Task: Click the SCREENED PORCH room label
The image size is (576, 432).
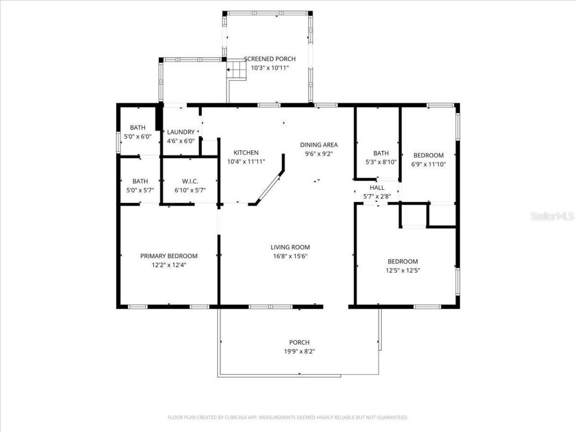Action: click(x=270, y=59)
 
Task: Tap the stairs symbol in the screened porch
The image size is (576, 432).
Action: click(x=237, y=70)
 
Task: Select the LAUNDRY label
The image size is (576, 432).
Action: click(x=180, y=132)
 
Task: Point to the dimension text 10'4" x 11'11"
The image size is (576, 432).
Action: click(x=246, y=162)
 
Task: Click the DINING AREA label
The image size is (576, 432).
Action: click(x=319, y=145)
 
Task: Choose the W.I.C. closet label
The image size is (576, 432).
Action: click(x=190, y=181)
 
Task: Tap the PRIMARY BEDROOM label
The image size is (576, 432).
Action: click(x=169, y=256)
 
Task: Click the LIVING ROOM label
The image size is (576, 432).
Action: click(x=290, y=247)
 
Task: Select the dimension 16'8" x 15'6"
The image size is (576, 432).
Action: click(x=290, y=256)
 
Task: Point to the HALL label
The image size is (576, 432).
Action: click(x=377, y=188)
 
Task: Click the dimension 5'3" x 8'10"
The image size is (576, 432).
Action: click(x=381, y=162)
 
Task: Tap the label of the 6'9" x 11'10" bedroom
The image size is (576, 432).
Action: click(x=428, y=156)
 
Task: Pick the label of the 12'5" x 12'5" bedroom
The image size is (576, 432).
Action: click(x=403, y=261)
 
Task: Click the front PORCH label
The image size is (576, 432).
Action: click(x=299, y=342)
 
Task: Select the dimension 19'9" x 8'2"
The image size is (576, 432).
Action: click(x=299, y=351)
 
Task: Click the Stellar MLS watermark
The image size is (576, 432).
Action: click(x=552, y=216)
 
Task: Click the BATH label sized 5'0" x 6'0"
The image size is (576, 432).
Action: click(x=138, y=128)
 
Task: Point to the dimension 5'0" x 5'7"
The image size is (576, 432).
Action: click(x=140, y=190)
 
